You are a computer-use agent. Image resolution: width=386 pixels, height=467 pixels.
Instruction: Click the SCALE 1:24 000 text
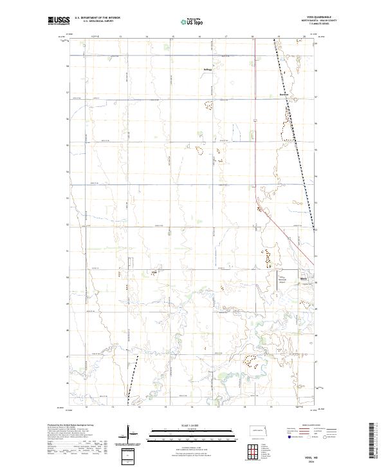coord(192,423)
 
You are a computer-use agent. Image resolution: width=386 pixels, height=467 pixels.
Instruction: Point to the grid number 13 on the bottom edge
coord(112,408)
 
